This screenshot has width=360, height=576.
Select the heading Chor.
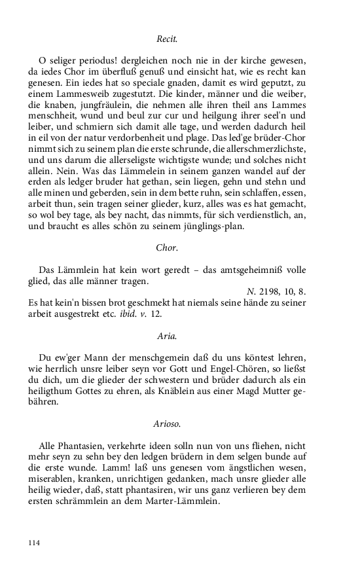[x=168, y=247]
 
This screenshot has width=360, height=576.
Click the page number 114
[x=35, y=543]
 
